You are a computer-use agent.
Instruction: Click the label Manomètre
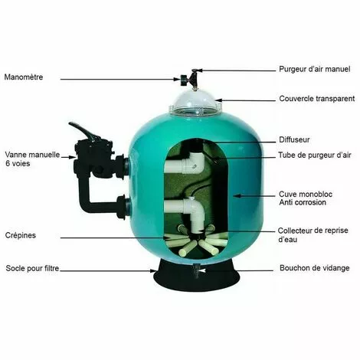(24, 77)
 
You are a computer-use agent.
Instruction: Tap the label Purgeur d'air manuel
(315, 69)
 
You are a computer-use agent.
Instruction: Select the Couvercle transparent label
(317, 99)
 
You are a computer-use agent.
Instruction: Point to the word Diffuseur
(294, 139)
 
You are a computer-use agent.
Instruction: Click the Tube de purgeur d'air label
(315, 155)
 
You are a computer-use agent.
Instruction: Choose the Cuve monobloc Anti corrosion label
(306, 198)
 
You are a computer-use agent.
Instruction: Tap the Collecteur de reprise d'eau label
(313, 235)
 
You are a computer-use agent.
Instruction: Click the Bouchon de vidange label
(315, 268)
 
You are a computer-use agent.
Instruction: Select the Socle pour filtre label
(32, 268)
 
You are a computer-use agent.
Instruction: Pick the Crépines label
(21, 235)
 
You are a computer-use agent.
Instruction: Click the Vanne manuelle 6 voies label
(32, 159)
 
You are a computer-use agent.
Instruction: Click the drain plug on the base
(196, 270)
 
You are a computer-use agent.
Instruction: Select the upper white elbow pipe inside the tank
(185, 163)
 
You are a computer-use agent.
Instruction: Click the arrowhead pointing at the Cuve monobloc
(237, 196)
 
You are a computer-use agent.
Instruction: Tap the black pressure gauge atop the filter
(184, 80)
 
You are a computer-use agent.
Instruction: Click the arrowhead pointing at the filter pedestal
(153, 270)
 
